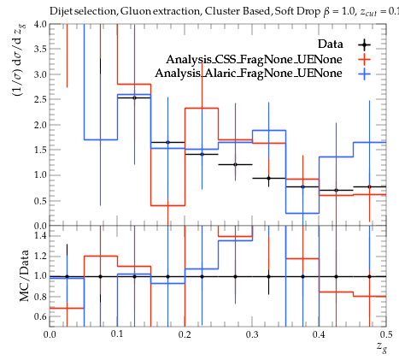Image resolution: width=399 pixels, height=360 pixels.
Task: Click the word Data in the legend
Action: (331, 44)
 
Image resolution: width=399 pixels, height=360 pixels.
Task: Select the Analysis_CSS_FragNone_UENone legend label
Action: (254, 59)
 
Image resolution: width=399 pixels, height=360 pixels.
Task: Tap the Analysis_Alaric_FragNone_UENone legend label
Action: (249, 74)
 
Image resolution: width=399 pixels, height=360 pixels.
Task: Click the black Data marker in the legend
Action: (364, 44)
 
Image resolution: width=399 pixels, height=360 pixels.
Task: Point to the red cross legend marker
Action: (364, 59)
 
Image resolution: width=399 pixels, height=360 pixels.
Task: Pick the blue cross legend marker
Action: (364, 74)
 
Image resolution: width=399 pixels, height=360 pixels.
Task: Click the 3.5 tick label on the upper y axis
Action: (40, 49)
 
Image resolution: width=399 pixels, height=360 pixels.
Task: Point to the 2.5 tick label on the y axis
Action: (40, 99)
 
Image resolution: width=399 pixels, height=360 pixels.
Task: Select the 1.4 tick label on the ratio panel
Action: (40, 235)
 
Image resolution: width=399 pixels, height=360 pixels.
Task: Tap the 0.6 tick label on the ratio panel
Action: (40, 316)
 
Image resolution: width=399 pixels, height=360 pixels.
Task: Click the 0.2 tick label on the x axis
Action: (185, 334)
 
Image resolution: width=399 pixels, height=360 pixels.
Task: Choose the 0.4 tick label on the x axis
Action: (319, 334)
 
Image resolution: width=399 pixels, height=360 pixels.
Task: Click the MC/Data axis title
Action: (25, 275)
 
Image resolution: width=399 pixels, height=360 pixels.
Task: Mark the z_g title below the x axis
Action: (382, 347)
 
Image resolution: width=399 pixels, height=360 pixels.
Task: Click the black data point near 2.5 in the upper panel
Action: (134, 97)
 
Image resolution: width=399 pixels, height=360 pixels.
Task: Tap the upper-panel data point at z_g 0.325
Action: (268, 178)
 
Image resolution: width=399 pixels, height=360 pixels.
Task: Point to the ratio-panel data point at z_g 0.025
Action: (67, 276)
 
